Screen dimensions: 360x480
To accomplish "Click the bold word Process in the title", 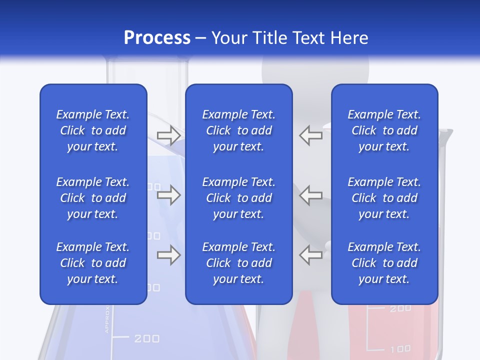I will coord(157,38).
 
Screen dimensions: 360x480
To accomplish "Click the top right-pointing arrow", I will coord(169,135).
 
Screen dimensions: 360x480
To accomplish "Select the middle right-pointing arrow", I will coord(169,195).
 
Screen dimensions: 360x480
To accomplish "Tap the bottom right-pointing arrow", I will coord(169,255).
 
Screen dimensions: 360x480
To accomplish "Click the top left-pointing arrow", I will coord(310,135).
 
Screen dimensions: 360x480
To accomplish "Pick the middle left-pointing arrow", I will coord(310,195).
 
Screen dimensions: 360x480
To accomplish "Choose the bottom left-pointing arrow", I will coord(310,255).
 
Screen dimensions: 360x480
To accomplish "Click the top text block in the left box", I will coord(93,130).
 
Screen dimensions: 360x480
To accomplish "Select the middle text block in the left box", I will coord(93,198).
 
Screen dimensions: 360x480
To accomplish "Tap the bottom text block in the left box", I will coord(93,263).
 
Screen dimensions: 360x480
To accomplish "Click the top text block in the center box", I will coord(238,130).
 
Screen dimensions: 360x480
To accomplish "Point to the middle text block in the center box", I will coord(238,198).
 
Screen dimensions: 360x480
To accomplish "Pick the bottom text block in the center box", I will coord(238,263).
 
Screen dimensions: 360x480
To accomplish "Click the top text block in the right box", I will coord(384,130).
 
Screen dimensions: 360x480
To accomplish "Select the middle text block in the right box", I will coord(384,198).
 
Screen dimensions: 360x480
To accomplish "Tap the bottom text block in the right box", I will coord(384,263).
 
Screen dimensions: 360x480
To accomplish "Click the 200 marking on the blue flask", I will coord(147,338).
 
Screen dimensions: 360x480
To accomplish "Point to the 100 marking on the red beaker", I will coord(400,348).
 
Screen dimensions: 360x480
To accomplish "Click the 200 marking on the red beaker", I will coord(400,308).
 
